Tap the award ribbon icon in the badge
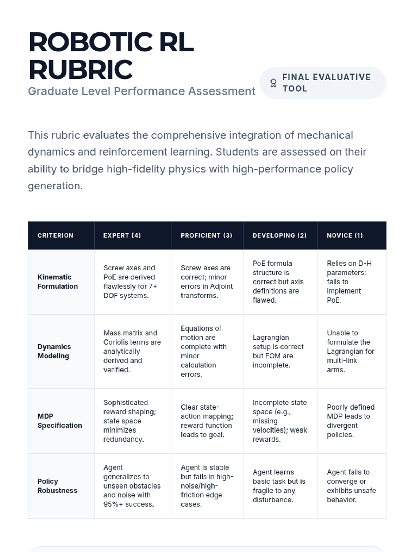tap(273, 83)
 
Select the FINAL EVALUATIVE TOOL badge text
tap(326, 83)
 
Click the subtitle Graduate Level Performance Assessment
tap(141, 91)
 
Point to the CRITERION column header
tap(56, 236)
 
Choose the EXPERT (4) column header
tap(122, 236)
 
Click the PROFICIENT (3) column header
tap(206, 236)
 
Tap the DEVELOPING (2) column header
tap(279, 236)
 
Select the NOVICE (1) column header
tap(345, 236)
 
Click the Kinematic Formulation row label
tap(58, 282)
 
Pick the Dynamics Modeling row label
tap(54, 351)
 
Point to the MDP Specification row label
tap(60, 421)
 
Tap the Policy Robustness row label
tap(57, 486)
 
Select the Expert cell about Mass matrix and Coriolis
tap(132, 351)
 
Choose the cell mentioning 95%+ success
tap(132, 486)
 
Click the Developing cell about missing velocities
tap(280, 421)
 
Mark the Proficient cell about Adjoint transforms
tap(207, 282)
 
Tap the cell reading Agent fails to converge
tap(351, 486)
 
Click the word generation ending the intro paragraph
tap(55, 186)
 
